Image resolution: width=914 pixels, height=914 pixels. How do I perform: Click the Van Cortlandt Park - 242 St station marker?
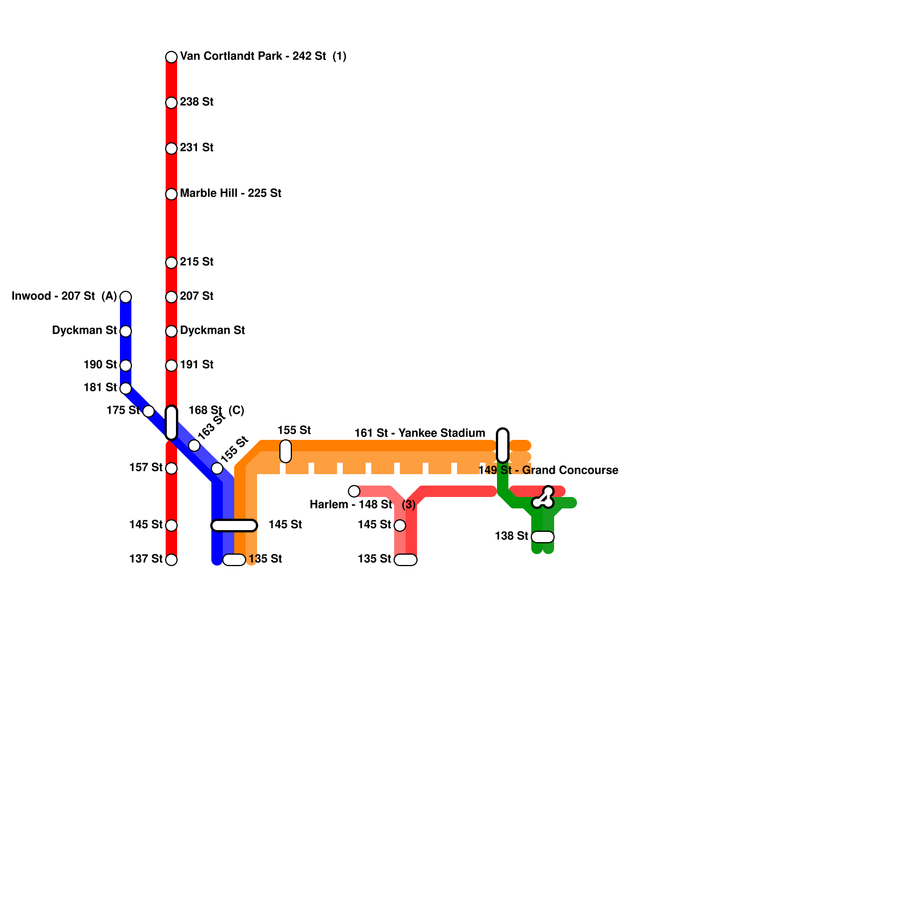click(x=171, y=57)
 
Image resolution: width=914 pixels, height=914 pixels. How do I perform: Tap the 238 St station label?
click(x=197, y=102)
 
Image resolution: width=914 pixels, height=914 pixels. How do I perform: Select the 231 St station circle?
click(x=171, y=149)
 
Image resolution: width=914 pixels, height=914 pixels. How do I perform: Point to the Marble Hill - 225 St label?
click(x=230, y=194)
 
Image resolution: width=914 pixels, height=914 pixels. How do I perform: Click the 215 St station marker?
click(x=171, y=263)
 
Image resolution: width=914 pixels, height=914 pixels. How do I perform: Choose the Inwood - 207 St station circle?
click(x=126, y=297)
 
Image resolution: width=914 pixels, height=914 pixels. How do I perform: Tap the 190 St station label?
click(x=100, y=365)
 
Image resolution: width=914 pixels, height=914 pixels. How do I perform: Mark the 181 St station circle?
click(x=126, y=388)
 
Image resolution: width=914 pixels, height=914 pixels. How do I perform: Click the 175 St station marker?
click(x=149, y=411)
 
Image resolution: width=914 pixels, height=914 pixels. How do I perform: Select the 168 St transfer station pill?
click(x=171, y=423)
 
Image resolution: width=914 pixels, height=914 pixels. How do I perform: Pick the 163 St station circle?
click(x=194, y=446)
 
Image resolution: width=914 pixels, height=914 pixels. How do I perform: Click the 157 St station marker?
click(x=171, y=468)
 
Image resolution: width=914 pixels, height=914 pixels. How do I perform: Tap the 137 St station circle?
click(x=171, y=560)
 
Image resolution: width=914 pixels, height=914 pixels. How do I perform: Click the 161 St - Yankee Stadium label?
click(x=419, y=434)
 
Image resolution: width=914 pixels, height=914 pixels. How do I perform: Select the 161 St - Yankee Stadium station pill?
click(x=503, y=446)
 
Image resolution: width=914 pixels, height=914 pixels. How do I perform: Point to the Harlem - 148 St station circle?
click(x=354, y=491)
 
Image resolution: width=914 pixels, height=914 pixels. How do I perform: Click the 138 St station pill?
click(x=543, y=537)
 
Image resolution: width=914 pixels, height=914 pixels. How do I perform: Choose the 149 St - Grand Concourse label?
click(x=548, y=471)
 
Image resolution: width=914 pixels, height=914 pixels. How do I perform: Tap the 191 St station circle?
click(x=171, y=366)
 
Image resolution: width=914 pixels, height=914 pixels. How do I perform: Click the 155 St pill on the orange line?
click(x=286, y=451)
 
